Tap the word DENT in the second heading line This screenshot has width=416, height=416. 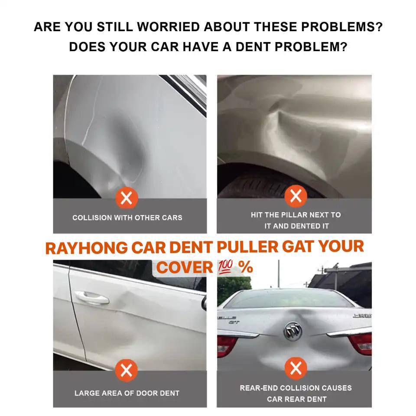253,47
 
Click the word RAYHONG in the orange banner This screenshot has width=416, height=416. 87,248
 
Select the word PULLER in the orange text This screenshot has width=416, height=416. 247,247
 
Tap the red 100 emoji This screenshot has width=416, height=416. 225,266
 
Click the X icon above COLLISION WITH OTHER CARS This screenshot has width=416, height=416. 127,198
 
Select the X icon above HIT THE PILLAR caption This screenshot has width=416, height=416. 296,196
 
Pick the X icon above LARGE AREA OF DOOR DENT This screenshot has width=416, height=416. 127,370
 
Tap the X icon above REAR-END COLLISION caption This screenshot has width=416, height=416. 296,368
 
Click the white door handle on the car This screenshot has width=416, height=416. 91,297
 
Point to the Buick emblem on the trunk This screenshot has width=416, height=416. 292,331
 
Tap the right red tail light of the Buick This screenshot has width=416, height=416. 361,343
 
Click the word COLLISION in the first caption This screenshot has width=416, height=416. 92,218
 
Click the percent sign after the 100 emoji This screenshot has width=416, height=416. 245,267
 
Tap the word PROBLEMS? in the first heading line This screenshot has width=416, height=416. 342,27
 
